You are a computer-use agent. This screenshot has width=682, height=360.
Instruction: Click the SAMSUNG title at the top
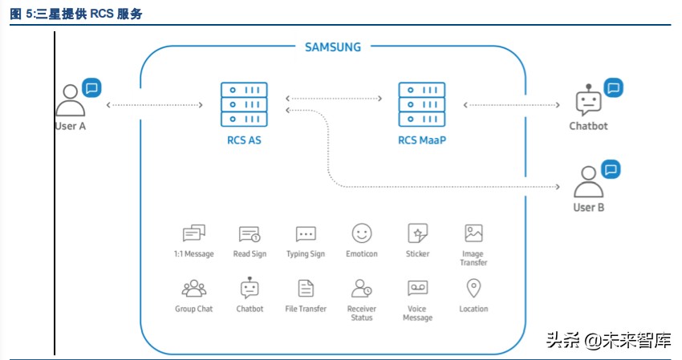[x=333, y=47]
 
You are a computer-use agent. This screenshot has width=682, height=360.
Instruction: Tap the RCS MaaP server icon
[x=422, y=104]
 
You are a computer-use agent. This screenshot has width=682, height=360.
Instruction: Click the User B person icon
[x=588, y=182]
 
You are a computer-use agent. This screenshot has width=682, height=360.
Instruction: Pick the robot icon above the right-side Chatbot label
[x=588, y=101]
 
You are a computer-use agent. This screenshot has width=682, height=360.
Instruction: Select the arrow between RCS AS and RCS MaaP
[x=333, y=99]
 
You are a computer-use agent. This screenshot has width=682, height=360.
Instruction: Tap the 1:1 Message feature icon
[x=193, y=233]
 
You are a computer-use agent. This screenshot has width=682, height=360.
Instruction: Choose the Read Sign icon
[x=250, y=234]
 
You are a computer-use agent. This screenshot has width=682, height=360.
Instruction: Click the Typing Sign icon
[x=306, y=234]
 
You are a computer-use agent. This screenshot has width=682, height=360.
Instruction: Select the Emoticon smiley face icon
[x=362, y=233]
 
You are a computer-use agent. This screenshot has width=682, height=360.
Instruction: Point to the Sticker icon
[x=417, y=233]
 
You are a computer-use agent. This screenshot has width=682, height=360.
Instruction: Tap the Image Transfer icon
[x=473, y=233]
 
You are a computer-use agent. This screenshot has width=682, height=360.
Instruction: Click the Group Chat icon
[x=193, y=289]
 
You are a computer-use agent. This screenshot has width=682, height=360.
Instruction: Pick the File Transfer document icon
[x=306, y=289]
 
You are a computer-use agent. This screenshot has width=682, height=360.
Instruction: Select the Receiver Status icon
[x=362, y=289]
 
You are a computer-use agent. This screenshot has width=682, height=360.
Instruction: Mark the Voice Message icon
[x=417, y=289]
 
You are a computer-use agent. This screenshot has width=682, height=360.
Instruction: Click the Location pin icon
[x=473, y=288]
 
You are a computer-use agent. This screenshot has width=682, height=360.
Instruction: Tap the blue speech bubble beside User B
[x=611, y=169]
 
